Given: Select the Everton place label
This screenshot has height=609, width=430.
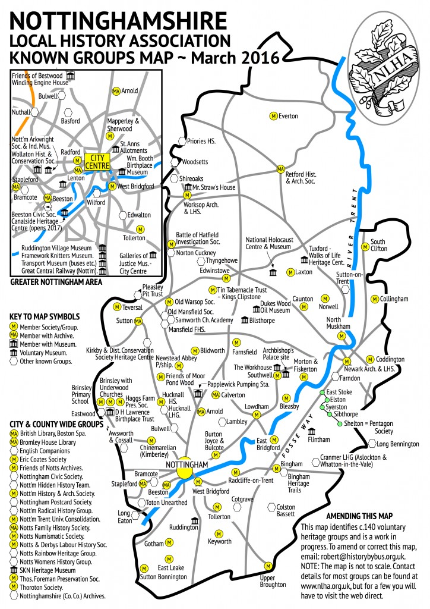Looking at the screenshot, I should click(288, 116).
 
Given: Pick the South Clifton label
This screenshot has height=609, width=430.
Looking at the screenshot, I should click(378, 245).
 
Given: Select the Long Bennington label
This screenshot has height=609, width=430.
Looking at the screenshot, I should click(397, 444).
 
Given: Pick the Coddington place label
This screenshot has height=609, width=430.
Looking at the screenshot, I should click(390, 359).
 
